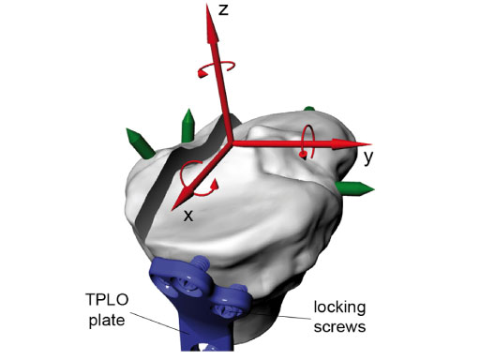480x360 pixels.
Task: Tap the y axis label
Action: pos(369,157)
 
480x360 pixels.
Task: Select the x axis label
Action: pos(188,215)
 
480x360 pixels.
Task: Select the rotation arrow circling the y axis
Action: pos(304,143)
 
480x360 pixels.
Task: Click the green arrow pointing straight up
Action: pos(187,123)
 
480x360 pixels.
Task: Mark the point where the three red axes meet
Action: pos(229,143)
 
